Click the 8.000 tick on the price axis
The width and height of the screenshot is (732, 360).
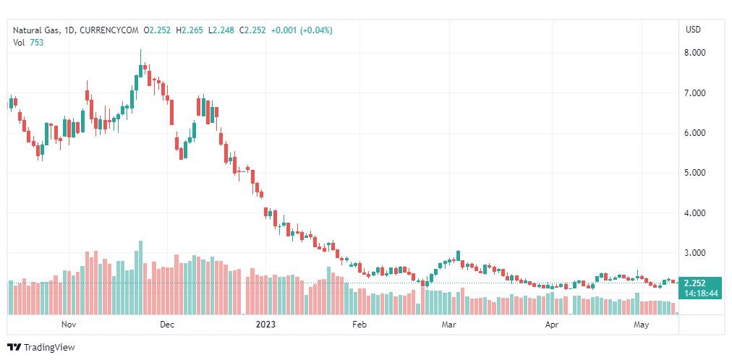point(695,53)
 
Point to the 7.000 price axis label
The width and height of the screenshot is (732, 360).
point(695,93)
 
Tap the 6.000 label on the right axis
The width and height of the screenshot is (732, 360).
point(695,133)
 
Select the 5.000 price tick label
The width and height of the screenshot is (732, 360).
point(695,173)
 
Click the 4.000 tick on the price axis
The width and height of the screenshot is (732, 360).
point(695,213)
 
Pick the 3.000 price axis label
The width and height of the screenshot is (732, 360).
point(695,253)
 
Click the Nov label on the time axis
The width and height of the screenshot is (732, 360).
point(69,325)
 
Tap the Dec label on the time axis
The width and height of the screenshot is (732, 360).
point(166,325)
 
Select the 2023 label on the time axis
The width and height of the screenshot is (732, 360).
point(265,325)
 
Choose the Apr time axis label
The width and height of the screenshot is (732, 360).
point(553,325)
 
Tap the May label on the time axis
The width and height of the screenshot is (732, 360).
point(642,325)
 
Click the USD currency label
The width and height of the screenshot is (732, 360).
point(693,30)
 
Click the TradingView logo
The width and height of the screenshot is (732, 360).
point(41,348)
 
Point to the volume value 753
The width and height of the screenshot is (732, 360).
point(38,43)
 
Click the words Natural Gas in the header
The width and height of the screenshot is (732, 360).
point(36,30)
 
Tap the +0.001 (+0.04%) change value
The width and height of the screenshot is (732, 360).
point(302,30)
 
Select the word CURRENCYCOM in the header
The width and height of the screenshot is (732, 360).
point(109,30)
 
